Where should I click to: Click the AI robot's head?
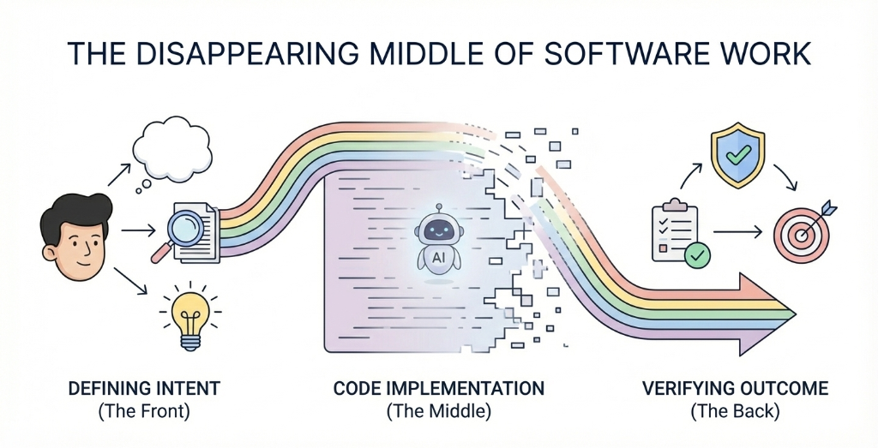[438, 230]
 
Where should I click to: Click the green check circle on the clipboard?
[696, 254]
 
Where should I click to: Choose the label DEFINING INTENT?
[143, 389]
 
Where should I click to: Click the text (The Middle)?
[438, 411]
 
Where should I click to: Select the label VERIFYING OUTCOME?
[735, 389]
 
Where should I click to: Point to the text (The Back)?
[735, 411]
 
